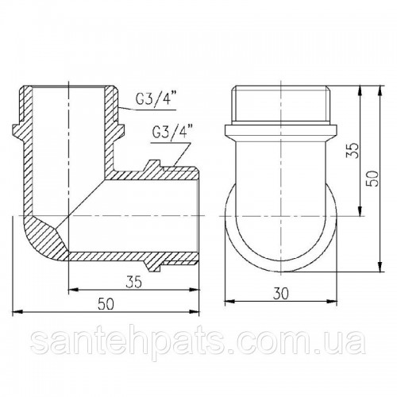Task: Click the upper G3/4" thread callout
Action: click(156, 100)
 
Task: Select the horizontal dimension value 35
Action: click(133, 282)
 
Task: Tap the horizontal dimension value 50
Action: click(106, 304)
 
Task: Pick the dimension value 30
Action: click(281, 294)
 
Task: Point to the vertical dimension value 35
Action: click(353, 150)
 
